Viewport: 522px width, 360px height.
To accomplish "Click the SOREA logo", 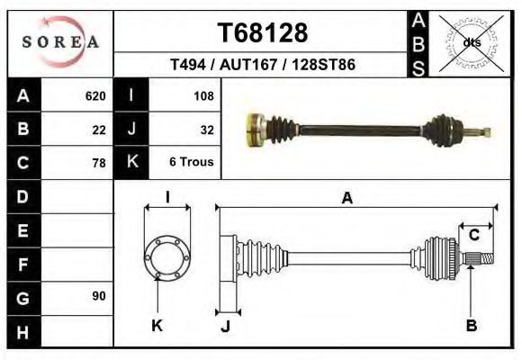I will tap(60, 41).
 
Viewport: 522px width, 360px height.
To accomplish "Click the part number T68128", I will tap(263, 33).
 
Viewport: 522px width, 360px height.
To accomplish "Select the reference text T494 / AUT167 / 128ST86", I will tap(263, 66).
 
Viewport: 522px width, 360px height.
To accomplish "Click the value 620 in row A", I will tap(95, 95).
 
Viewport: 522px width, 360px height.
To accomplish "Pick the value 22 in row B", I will tap(99, 129).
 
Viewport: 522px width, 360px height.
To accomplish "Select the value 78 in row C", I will tap(99, 163).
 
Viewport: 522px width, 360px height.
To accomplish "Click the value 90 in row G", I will tap(99, 295).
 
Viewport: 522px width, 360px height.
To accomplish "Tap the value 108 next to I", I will tap(202, 95).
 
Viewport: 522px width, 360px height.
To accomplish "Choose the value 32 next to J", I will tap(206, 129).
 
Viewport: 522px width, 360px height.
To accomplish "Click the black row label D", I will tap(22, 195).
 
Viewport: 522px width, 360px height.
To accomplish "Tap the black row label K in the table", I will tap(132, 162).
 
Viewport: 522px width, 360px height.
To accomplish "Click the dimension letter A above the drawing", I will tap(346, 199).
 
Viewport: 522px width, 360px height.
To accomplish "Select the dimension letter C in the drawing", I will tap(473, 235).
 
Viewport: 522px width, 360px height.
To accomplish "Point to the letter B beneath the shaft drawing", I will tap(471, 326).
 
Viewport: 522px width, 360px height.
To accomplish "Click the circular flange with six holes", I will tap(167, 258).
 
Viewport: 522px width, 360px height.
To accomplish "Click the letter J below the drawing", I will tap(225, 326).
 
